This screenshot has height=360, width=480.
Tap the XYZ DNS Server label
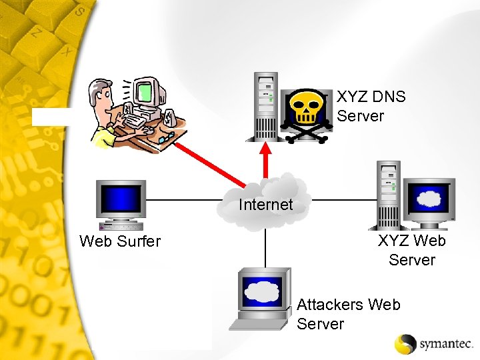(x=371, y=106)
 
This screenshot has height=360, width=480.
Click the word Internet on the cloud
(x=266, y=205)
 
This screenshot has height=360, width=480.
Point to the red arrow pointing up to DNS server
(x=266, y=159)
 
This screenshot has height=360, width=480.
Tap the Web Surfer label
(x=120, y=241)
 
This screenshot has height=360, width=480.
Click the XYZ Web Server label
(x=411, y=250)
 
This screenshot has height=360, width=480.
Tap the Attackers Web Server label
(x=348, y=314)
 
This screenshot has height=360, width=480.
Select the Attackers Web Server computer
(x=262, y=297)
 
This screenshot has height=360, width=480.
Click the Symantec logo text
(x=445, y=344)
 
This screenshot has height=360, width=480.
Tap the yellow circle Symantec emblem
(x=406, y=343)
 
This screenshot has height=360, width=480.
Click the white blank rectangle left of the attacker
(x=51, y=117)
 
